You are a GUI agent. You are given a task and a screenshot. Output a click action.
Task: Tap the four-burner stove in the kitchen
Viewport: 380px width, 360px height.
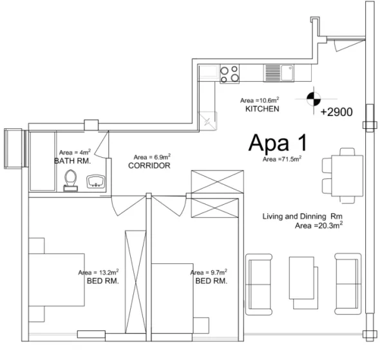click(230, 72)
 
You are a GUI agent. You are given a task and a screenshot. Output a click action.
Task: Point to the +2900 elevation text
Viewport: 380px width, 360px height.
click(336, 111)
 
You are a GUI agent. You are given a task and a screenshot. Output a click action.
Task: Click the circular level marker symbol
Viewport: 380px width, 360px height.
click(313, 98)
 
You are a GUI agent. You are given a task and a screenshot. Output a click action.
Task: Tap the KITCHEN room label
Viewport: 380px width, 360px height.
click(262, 109)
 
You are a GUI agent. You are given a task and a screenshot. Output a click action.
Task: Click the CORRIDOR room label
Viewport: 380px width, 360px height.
click(149, 166)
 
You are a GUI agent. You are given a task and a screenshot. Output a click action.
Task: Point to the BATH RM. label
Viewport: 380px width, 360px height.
click(72, 160)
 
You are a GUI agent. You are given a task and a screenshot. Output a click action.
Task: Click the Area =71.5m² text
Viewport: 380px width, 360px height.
click(282, 158)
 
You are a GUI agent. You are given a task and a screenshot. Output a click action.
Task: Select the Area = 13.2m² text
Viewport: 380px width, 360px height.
click(99, 272)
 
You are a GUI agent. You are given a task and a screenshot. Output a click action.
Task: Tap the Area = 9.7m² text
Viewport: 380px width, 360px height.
click(209, 272)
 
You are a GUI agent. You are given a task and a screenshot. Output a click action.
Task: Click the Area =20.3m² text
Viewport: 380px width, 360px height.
click(318, 226)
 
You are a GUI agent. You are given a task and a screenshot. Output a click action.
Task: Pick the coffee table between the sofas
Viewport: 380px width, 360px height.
click(301, 277)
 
